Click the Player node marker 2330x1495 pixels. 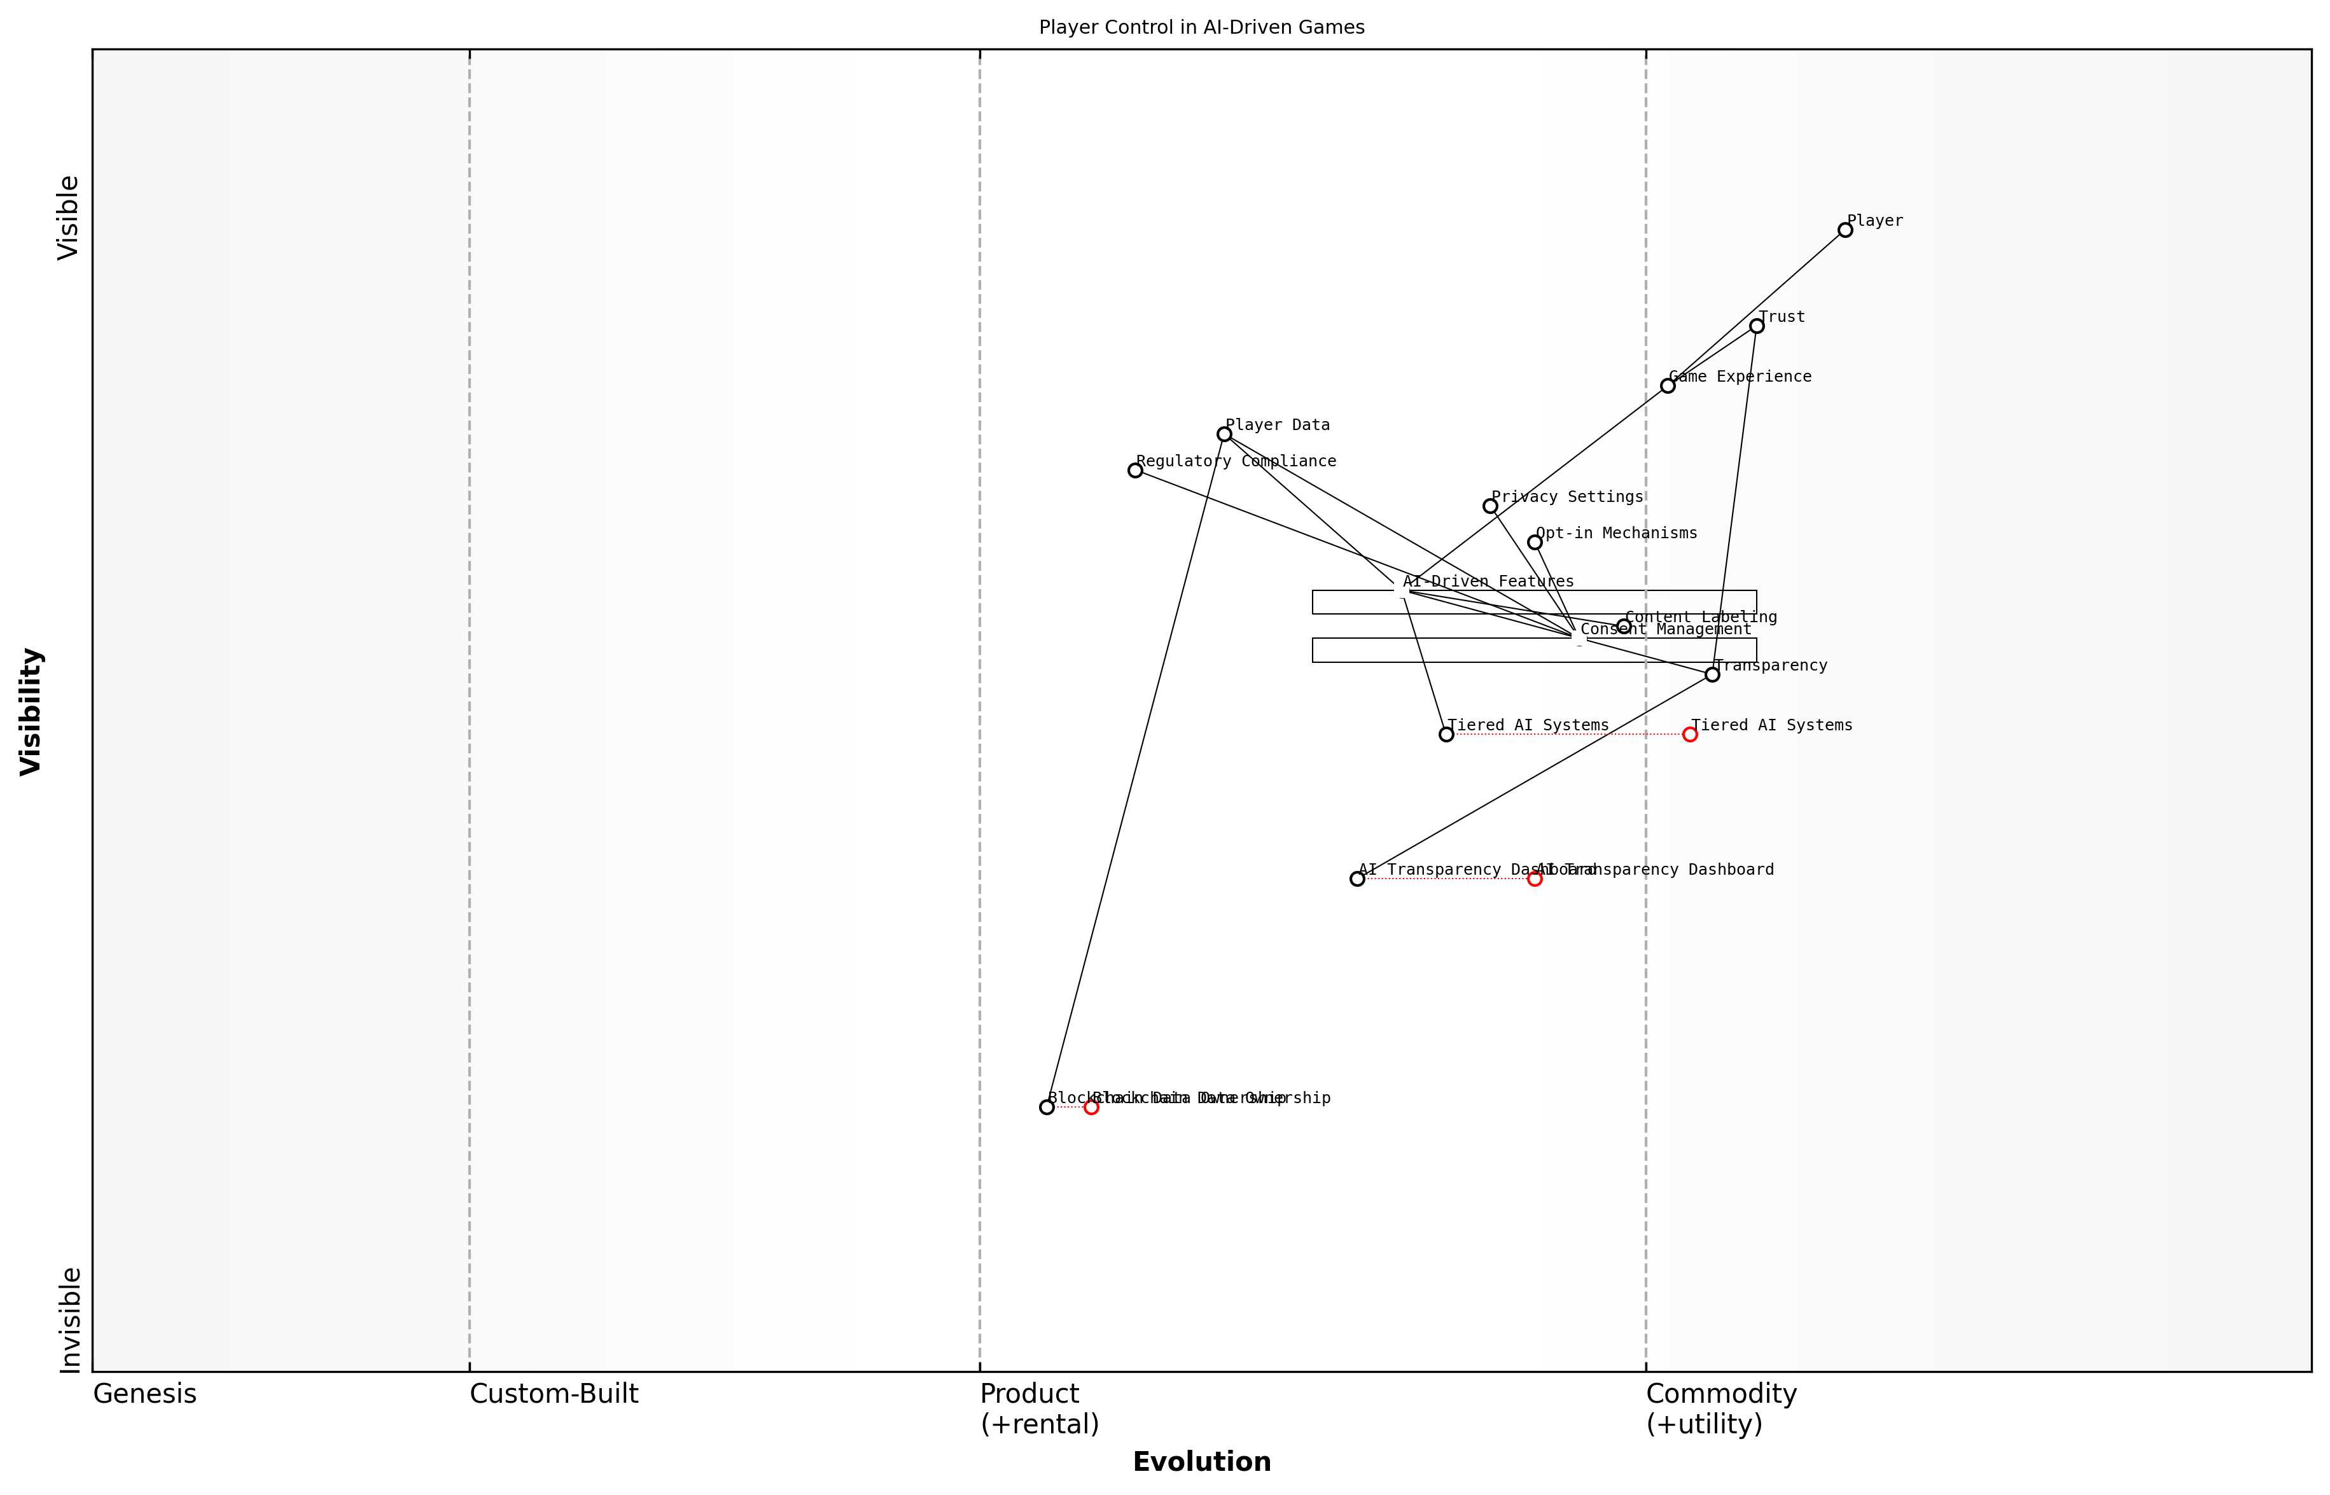(1845, 230)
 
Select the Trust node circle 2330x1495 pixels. (1756, 326)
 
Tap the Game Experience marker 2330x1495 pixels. (1668, 386)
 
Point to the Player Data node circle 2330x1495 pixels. (1224, 434)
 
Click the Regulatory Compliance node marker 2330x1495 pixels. (1135, 470)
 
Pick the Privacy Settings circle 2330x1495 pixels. (1490, 506)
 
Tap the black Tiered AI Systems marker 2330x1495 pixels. (1446, 734)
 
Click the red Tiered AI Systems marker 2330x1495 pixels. (1690, 734)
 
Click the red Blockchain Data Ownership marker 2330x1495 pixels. (1091, 1107)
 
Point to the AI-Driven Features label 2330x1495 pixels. (1488, 581)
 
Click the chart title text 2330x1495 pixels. (1202, 27)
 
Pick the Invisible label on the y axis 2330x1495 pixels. (70, 1319)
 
